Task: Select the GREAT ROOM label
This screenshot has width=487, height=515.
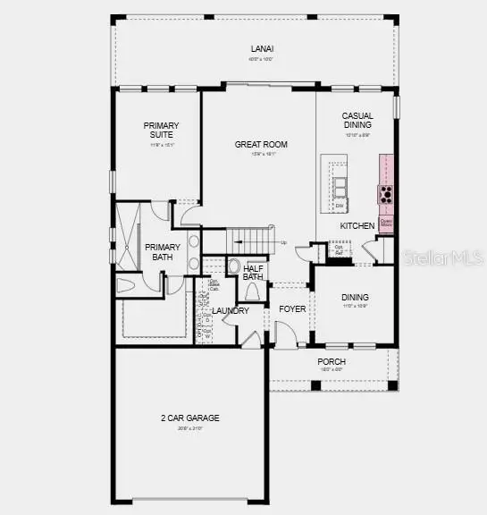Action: (256, 144)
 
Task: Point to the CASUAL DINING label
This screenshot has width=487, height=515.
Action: (357, 121)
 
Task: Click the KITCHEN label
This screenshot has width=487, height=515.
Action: (357, 226)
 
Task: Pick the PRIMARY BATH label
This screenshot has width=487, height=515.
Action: (163, 252)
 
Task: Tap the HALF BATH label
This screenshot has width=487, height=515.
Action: (253, 272)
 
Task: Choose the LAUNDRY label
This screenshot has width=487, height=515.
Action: (230, 310)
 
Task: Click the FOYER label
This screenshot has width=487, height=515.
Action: (291, 308)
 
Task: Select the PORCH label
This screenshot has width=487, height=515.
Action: (332, 361)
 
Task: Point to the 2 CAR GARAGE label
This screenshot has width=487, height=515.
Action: (189, 418)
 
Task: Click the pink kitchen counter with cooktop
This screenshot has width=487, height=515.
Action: (386, 193)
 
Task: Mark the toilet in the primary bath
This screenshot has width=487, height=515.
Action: (125, 285)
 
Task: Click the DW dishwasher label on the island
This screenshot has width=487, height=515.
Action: (340, 206)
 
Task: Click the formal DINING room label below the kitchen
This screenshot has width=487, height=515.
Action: (355, 297)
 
